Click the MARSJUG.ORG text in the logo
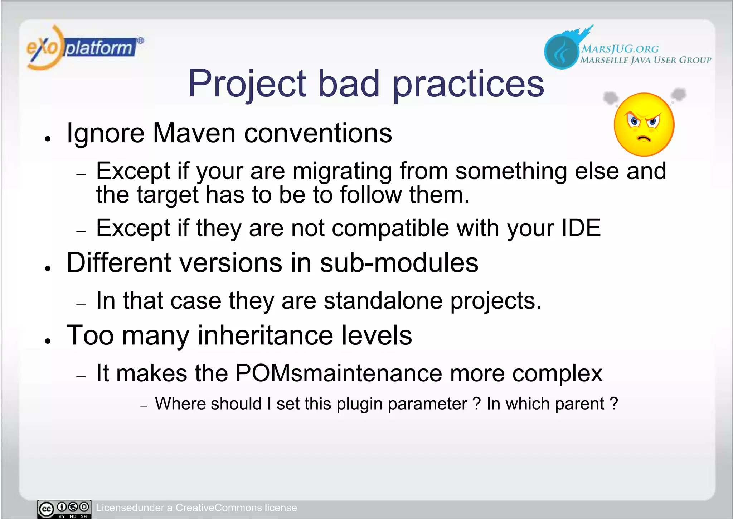pos(620,49)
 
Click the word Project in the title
pos(247,84)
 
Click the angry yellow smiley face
pos(644,124)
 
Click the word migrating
pos(343,171)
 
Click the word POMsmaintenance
pos(339,373)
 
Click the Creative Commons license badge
pos(64,509)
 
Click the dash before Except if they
pos(81,232)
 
